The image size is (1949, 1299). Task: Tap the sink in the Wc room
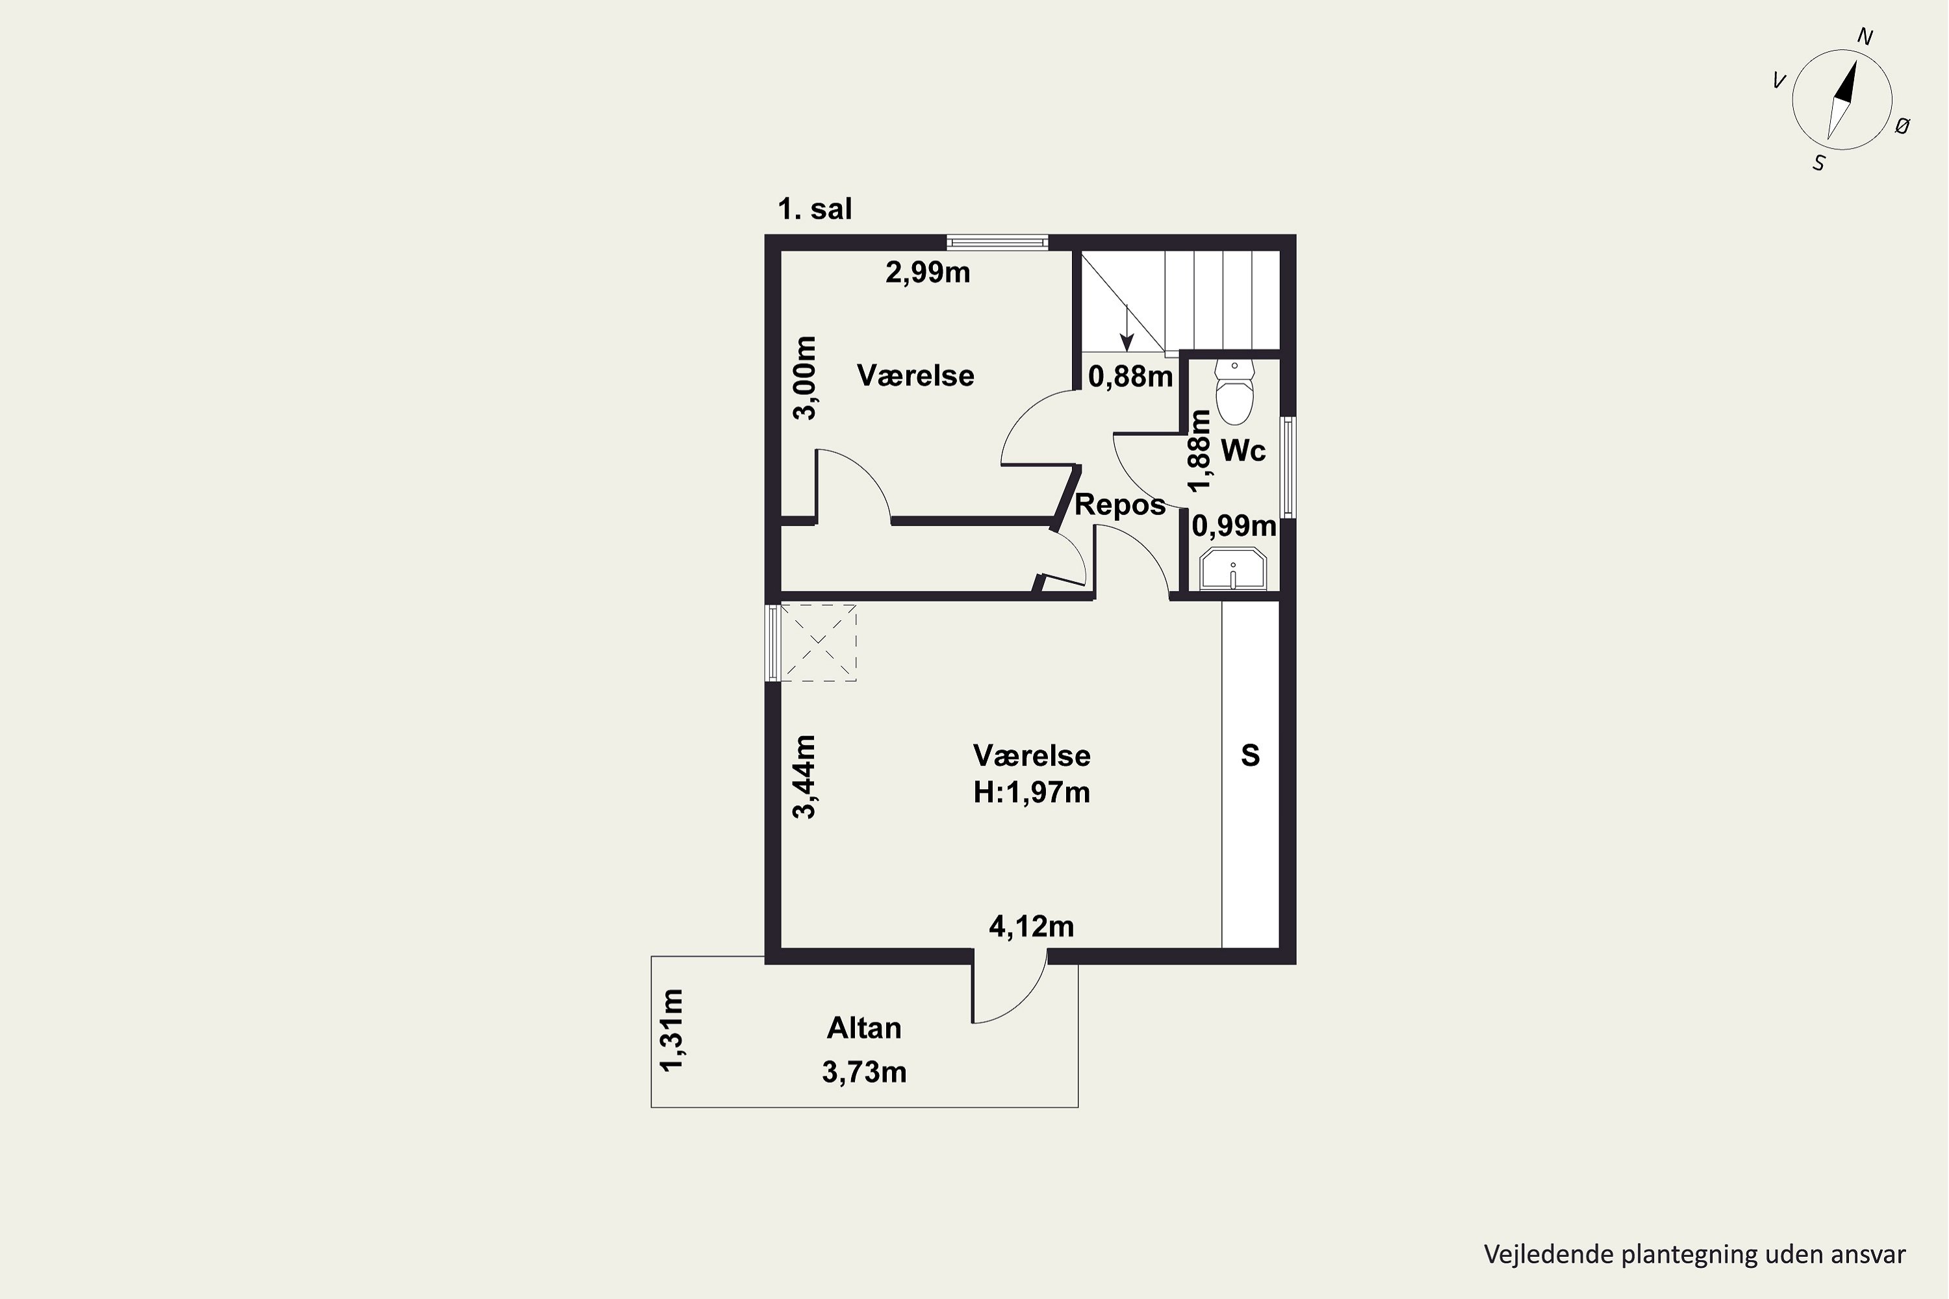coord(1233,568)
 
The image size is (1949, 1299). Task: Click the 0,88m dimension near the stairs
coord(1130,377)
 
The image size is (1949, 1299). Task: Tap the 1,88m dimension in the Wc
coord(1199,451)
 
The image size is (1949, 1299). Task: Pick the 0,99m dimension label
coord(1234,525)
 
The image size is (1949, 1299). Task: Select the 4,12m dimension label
coord(1032,926)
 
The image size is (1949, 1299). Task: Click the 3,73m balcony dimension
coord(864,1072)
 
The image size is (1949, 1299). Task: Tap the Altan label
coord(864,1028)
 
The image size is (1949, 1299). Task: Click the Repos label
coord(1120,505)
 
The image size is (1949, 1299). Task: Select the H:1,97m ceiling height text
coord(1032,793)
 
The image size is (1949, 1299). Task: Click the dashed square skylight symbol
coord(818,642)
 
